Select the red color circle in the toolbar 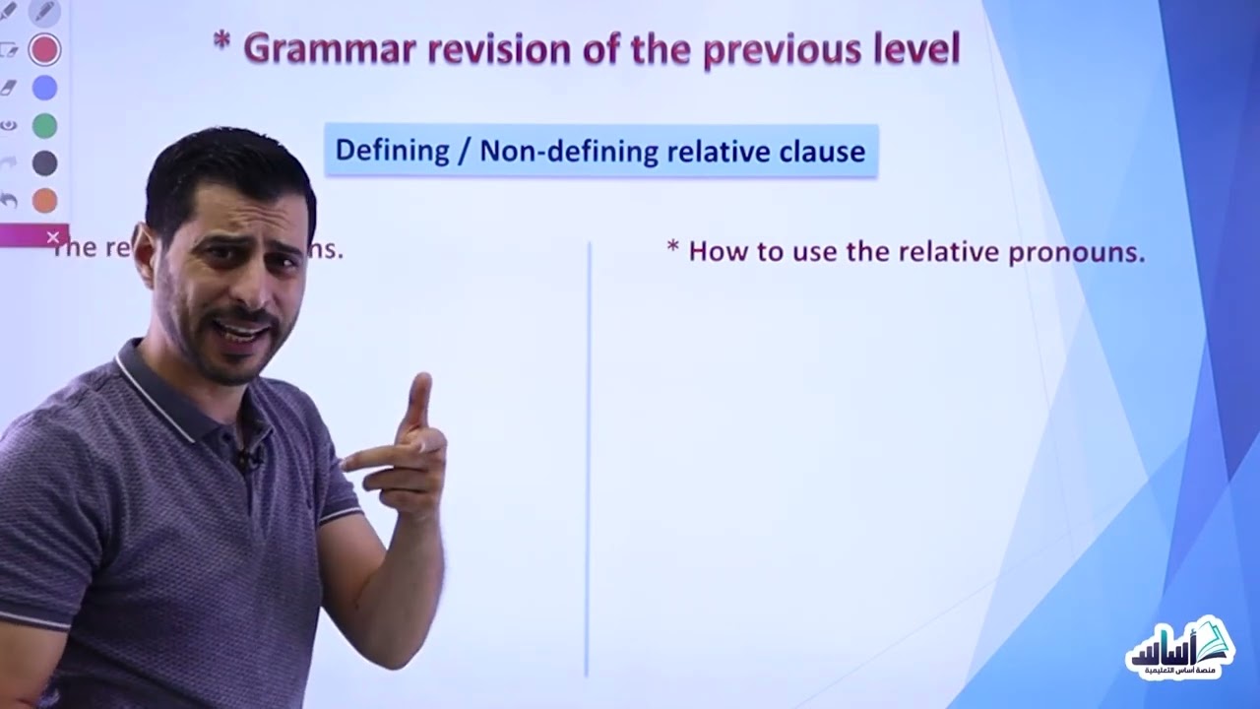(44, 48)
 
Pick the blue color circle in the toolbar (44, 87)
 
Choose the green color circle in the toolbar (44, 125)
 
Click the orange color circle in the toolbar (44, 201)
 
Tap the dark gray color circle (44, 162)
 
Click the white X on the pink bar (53, 236)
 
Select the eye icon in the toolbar (9, 125)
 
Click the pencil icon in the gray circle (44, 12)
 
